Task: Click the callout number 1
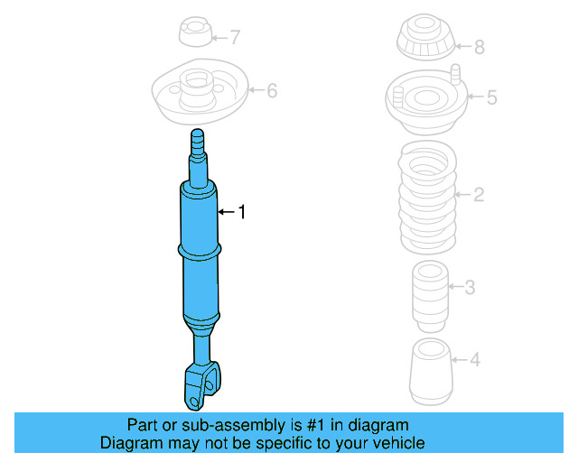(241, 212)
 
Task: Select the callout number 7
(235, 38)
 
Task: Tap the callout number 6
(272, 90)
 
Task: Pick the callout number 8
(479, 47)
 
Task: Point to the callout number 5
(491, 97)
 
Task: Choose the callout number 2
(480, 194)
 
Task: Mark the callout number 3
(470, 288)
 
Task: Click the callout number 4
(475, 360)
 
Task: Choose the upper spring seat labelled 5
(427, 98)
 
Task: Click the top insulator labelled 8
(424, 42)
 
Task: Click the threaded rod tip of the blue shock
(198, 141)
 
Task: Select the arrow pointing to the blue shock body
(227, 212)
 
